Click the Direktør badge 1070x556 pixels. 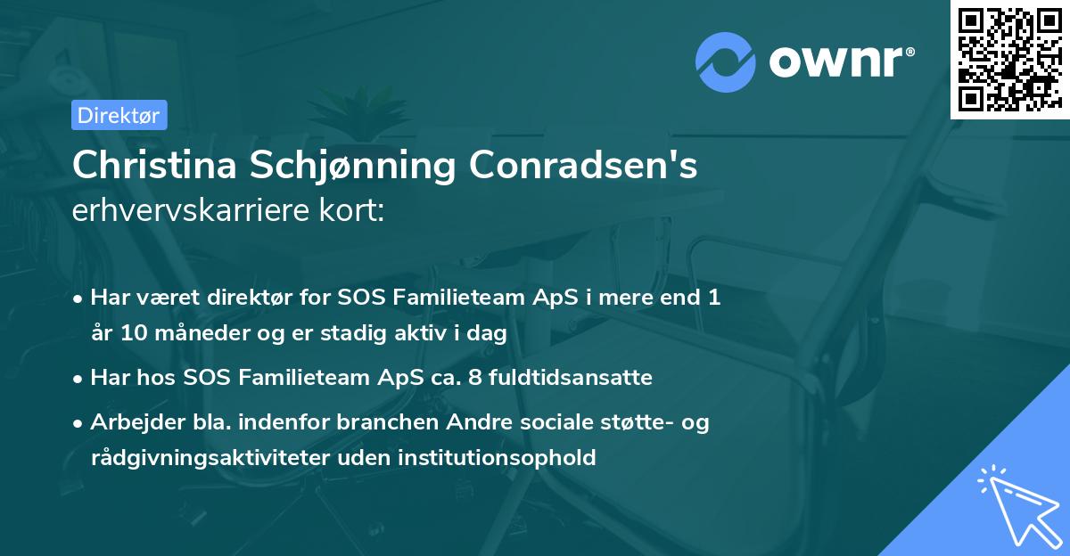[x=119, y=115]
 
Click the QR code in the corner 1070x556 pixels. [x=1008, y=59]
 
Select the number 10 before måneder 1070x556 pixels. [x=126, y=334]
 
